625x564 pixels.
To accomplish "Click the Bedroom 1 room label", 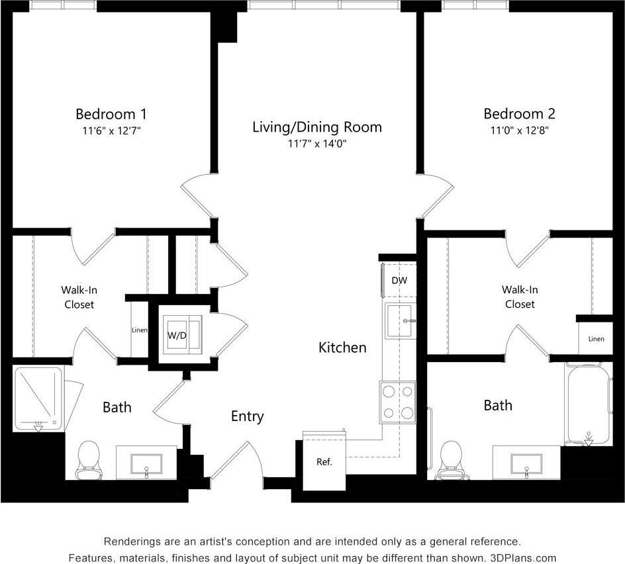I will pos(111,113).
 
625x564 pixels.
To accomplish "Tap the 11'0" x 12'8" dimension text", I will pos(519,130).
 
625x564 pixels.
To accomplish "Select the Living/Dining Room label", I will pos(316,127).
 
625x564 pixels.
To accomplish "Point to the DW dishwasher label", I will pos(399,281).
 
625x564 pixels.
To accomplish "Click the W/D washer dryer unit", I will pos(177,335).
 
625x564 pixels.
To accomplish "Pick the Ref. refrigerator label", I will pos(324,462).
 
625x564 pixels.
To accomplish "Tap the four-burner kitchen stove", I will pos(397,402).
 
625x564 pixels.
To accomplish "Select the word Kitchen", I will pos(342,348).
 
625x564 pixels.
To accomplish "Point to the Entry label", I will pos(247,416).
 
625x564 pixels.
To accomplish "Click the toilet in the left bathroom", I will pos(88,459).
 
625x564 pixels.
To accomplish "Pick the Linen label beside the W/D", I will pos(140,330).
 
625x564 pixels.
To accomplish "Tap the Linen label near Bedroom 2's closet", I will pos(596,339).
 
